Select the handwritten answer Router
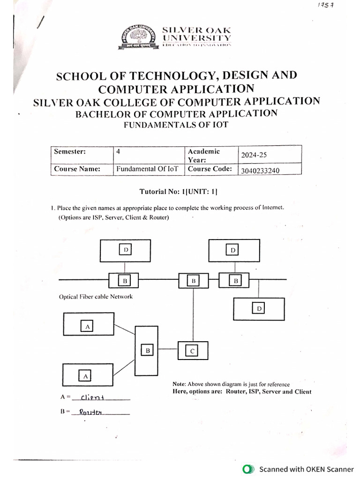coord(90,412)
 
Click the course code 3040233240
coord(260,171)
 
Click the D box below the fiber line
coord(259,308)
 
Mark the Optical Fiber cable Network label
coord(96,296)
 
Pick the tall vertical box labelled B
coord(147,350)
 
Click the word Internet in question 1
coord(273,207)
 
